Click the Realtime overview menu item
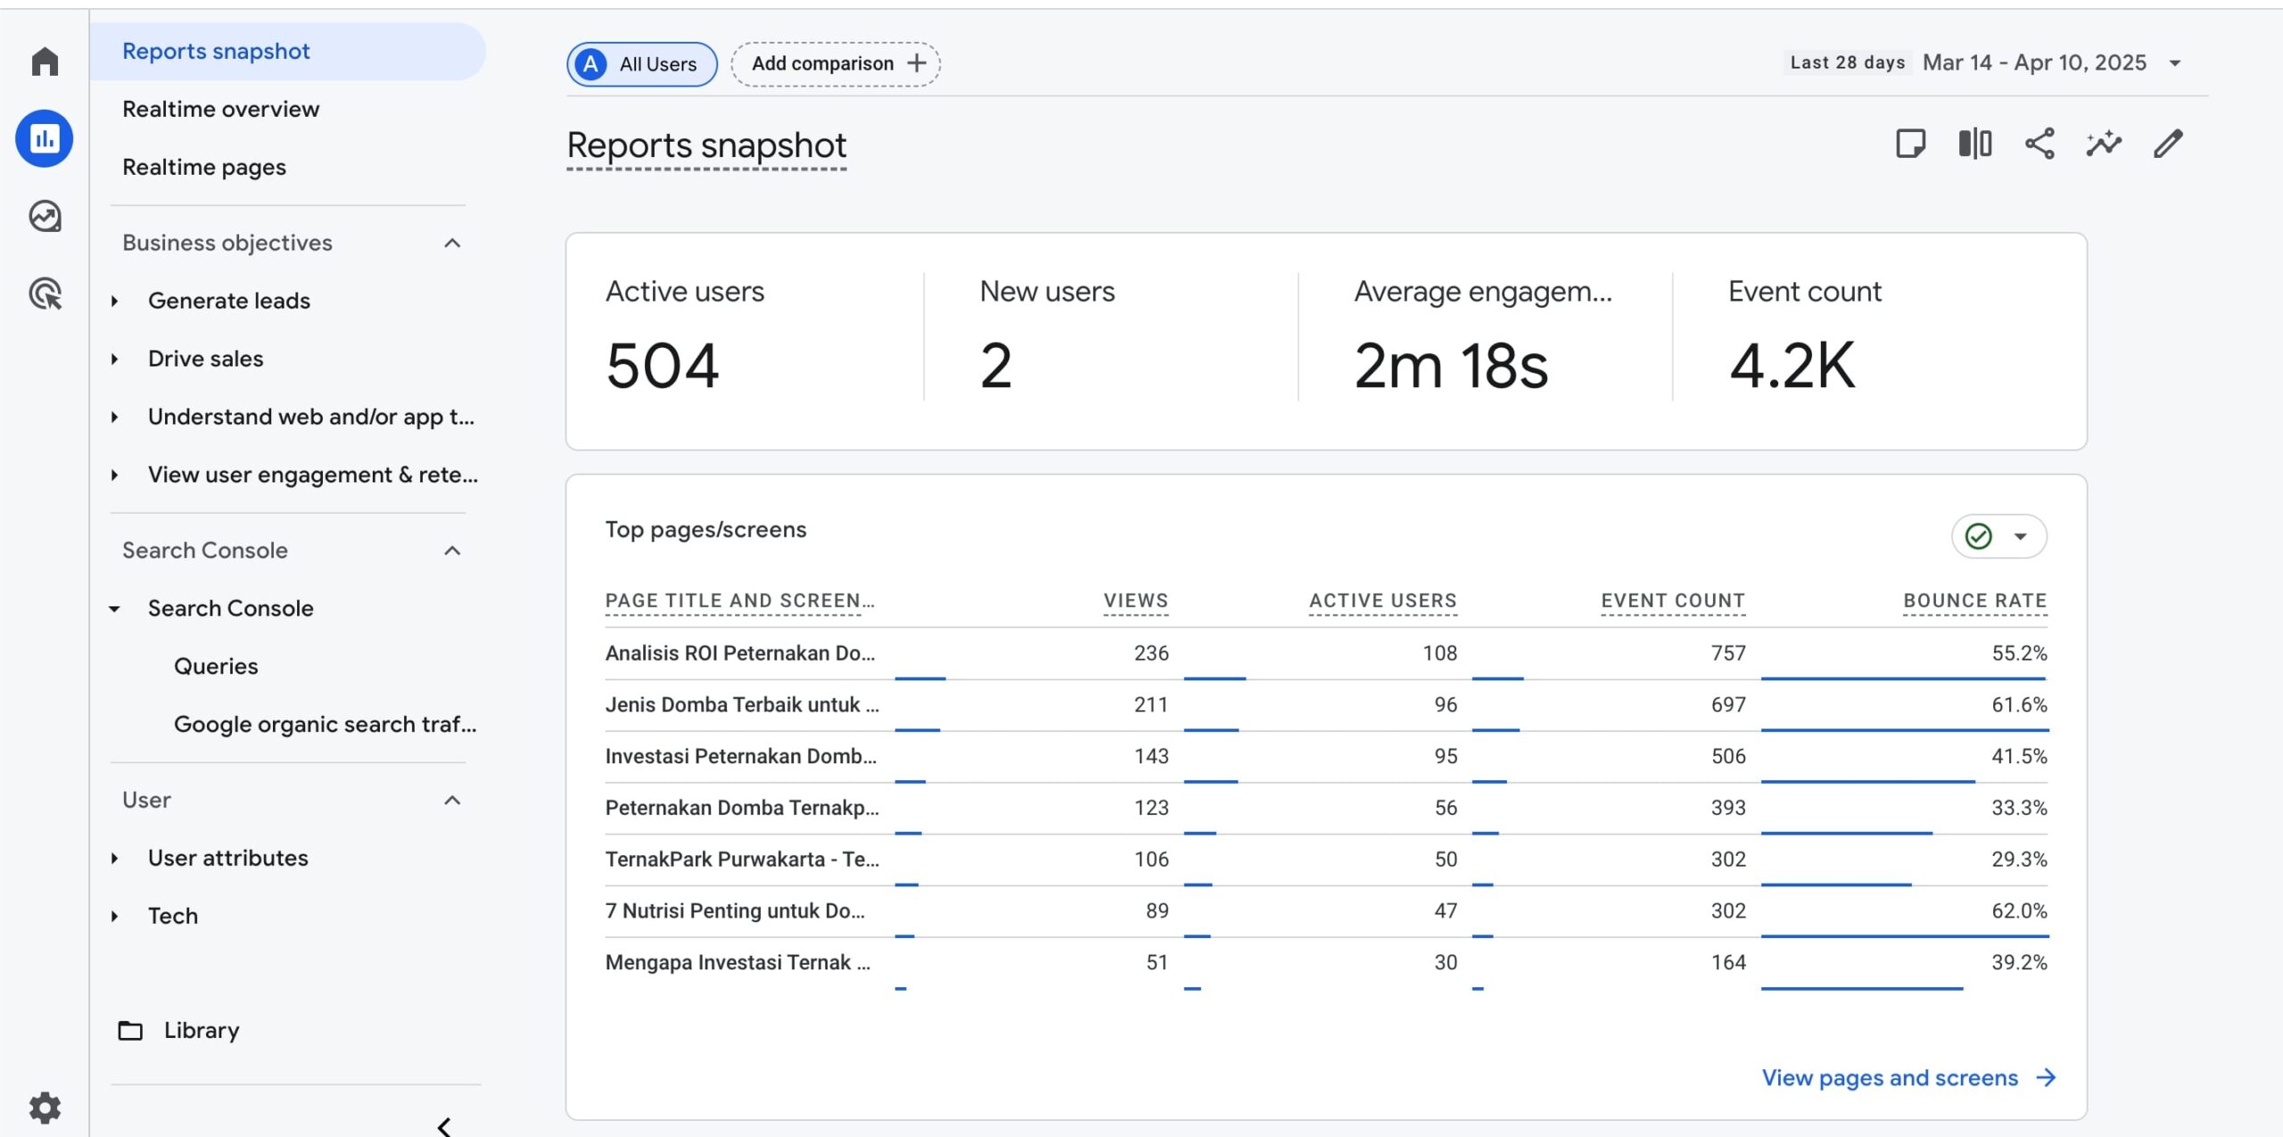point(220,109)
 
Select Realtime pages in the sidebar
point(204,167)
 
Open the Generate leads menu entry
point(229,301)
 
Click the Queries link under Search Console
point(216,666)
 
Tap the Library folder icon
point(130,1031)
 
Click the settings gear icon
point(45,1108)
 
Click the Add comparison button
point(836,63)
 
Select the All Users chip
point(641,64)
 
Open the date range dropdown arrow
point(2175,63)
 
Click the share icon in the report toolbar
point(2040,144)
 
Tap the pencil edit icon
point(2168,144)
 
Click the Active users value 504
point(663,366)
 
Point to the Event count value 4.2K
point(1792,366)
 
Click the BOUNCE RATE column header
point(1974,601)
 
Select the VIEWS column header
point(1135,601)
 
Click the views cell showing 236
point(1150,653)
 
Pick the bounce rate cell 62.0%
point(2019,910)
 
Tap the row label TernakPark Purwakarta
point(741,859)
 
